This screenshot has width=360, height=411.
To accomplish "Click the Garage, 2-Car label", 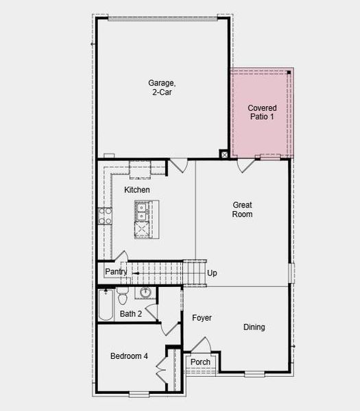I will point(160,88).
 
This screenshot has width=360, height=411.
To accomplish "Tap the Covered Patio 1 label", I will point(262,113).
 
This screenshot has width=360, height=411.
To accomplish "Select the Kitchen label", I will point(137,190).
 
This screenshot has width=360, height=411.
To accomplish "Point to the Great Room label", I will point(243,210).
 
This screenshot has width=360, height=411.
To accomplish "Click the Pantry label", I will point(116,272).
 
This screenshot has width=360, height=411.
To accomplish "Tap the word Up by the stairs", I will point(212,273).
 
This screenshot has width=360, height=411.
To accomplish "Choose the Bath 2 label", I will point(131,314).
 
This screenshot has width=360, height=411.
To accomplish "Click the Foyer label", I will point(202,318).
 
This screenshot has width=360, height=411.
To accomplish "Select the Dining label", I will point(254,327).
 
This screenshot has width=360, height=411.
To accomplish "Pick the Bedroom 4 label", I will point(130,356).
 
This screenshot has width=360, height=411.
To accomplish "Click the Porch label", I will point(200,362).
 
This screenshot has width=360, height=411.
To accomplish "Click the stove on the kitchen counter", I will point(106,216).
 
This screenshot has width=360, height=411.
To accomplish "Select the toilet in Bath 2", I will point(123,296).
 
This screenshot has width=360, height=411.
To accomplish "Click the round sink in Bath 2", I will point(145,293).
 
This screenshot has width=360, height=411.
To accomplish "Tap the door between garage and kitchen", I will point(178,165).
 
